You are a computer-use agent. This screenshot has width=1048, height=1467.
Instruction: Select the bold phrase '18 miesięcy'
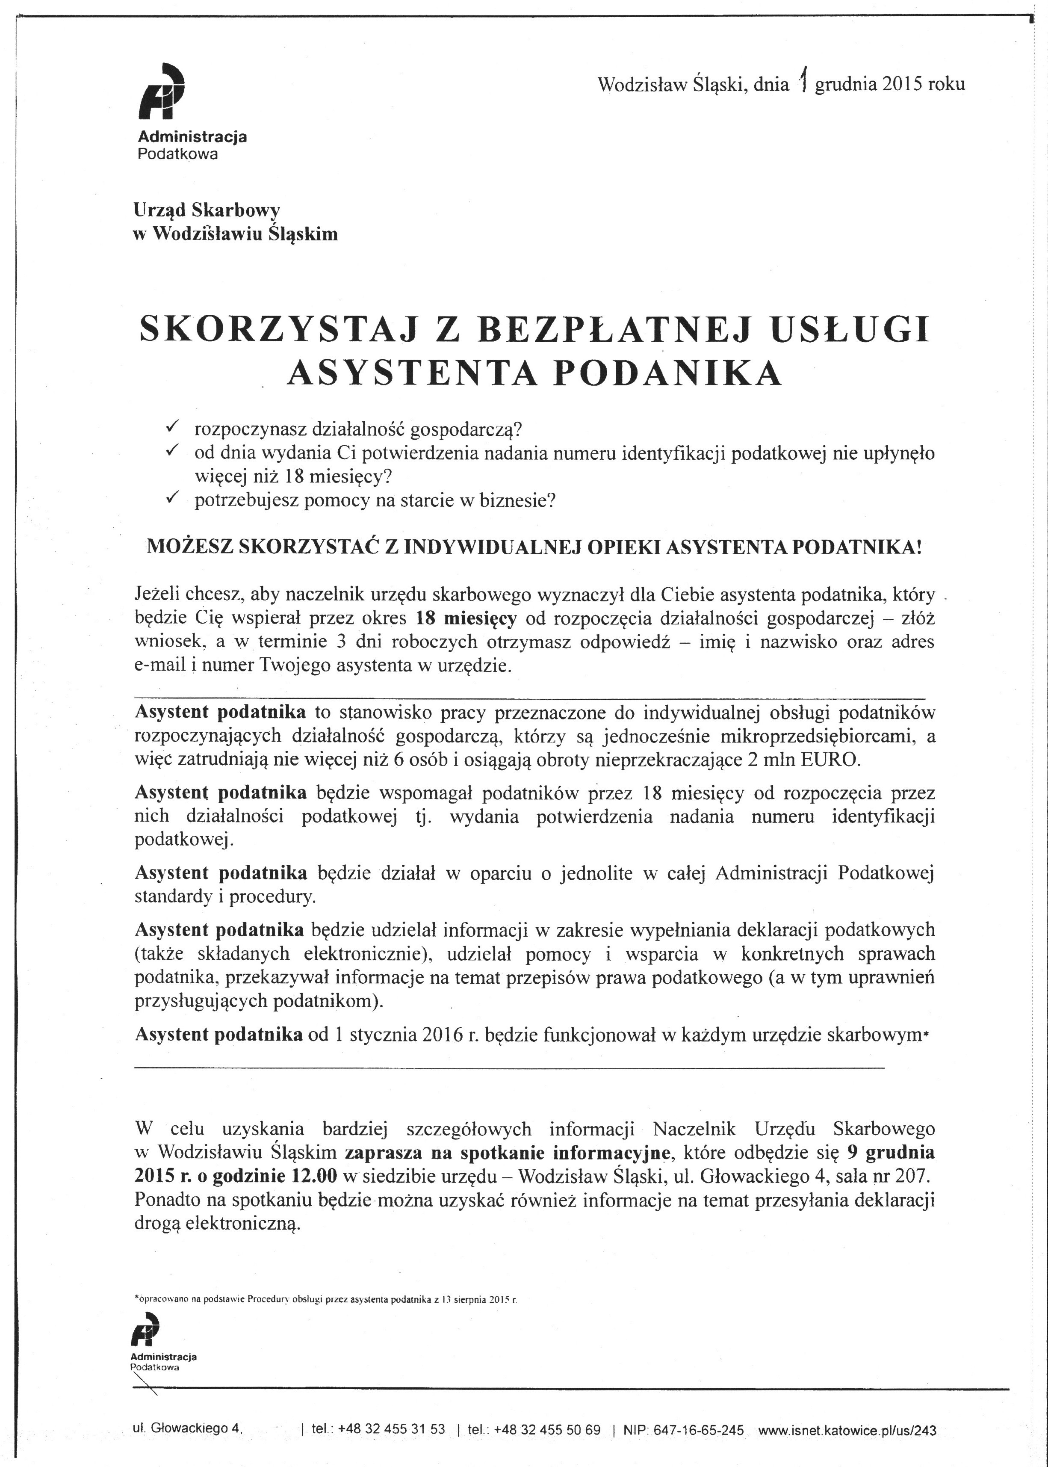466,618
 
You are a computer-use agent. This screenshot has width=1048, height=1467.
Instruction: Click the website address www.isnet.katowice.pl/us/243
847,1429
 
